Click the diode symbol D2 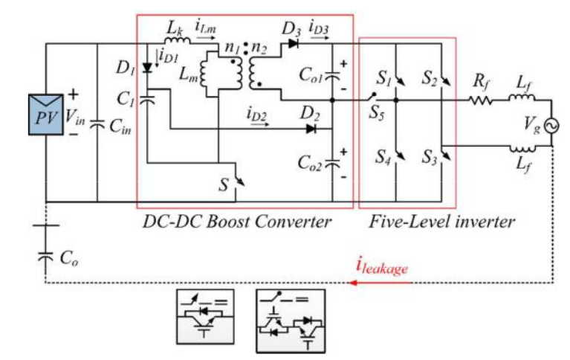point(310,128)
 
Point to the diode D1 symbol point(147,68)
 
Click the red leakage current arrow point(446,282)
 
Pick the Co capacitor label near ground point(70,260)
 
